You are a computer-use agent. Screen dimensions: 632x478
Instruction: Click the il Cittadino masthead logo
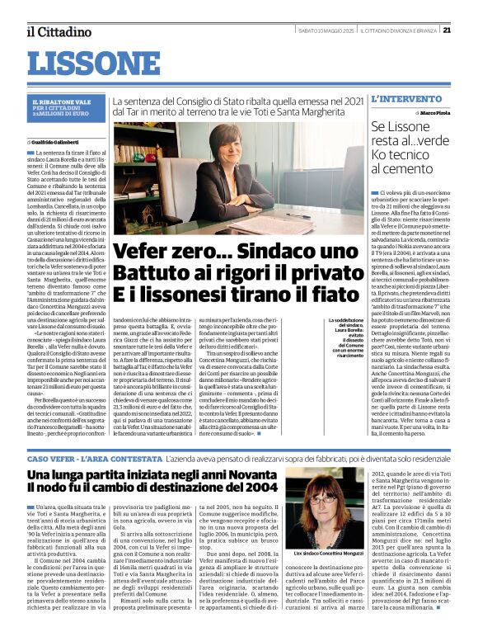coord(58,31)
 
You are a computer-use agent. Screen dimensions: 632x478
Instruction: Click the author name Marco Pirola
coord(434,111)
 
